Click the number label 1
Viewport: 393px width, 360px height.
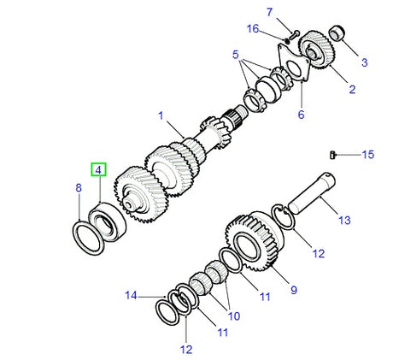coord(158,115)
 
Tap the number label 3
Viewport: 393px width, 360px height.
coord(364,62)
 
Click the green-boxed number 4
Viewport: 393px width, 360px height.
coord(99,170)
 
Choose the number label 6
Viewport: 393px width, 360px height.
coord(300,114)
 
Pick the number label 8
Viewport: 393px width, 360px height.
coord(79,187)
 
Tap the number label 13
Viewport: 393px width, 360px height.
coord(344,220)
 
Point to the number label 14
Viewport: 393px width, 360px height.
coord(131,296)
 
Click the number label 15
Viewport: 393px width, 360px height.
coord(367,155)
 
